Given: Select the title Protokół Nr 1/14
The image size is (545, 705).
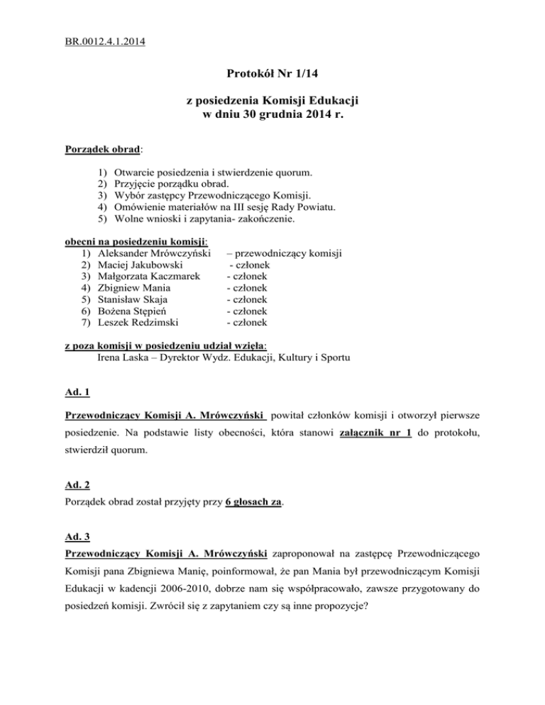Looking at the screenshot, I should pos(272,73).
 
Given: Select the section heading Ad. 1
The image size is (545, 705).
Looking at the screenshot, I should pos(76,392).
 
